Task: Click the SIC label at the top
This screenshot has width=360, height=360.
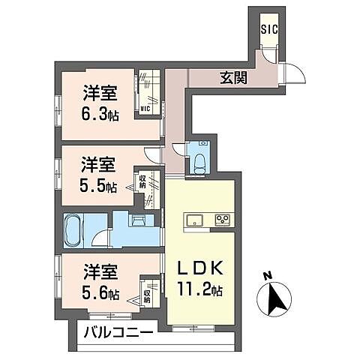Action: [x=268, y=30]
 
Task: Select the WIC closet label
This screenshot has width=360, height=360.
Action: [x=145, y=109]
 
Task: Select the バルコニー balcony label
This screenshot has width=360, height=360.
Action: [x=118, y=331]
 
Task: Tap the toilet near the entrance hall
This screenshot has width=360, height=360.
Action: [x=200, y=161]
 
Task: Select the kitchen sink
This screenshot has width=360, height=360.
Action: [x=193, y=220]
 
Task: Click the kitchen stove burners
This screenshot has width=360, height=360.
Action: [x=223, y=220]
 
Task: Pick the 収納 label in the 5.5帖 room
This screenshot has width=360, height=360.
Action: [x=142, y=181]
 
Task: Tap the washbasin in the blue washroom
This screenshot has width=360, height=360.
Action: [x=139, y=223]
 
